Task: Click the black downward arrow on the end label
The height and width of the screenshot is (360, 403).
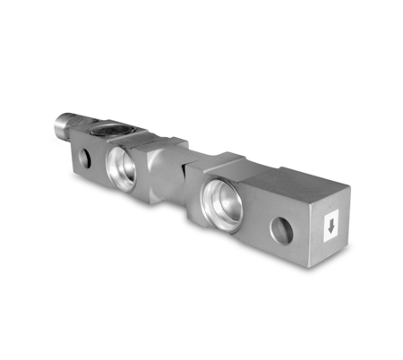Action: (331, 227)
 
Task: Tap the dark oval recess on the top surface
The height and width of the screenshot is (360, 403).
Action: (108, 131)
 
